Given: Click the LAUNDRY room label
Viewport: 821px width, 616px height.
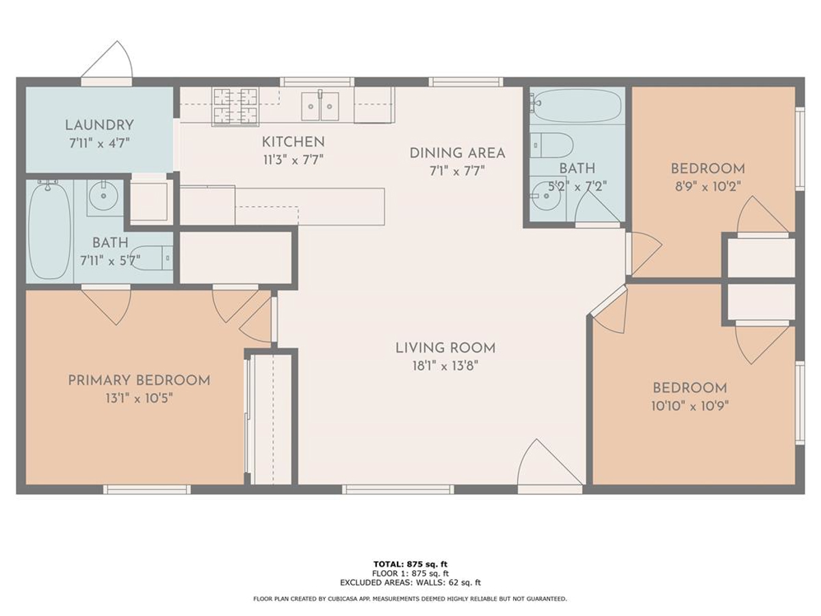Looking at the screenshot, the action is point(99,125).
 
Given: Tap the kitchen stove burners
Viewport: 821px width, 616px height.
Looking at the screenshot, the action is point(235,106).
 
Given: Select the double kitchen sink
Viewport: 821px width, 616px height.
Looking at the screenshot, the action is point(320,106).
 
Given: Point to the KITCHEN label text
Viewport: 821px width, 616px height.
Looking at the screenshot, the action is point(294,142).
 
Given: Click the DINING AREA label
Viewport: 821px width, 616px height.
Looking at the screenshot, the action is point(458,153).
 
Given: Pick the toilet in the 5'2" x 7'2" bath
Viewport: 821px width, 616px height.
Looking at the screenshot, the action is point(551,145).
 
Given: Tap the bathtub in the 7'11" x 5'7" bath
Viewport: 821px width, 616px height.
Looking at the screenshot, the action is point(50,230).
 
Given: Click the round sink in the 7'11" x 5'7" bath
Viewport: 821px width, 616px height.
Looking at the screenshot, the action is point(103,195).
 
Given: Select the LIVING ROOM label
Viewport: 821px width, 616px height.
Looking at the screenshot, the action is point(445,348).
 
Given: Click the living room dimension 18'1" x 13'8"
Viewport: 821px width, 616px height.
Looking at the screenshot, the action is point(445,365).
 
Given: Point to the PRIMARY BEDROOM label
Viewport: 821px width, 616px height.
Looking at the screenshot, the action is point(139,381).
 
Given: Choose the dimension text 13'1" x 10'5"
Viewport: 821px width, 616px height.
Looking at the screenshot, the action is point(139,398).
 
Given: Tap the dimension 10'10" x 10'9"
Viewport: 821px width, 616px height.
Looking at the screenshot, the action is point(690,406).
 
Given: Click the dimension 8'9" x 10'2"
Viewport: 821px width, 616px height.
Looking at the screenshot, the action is point(707,186).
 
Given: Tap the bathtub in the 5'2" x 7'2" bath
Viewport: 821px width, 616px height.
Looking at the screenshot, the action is point(575,106).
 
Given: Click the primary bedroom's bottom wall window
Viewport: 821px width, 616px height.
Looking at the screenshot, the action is point(147,489).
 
